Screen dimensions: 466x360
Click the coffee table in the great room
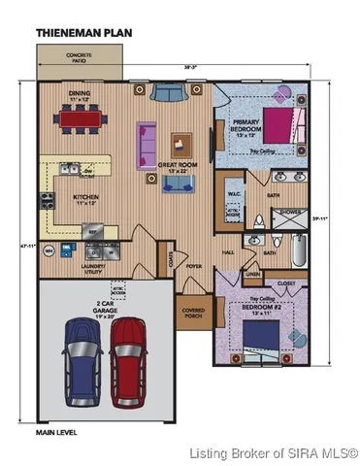(x=182, y=144)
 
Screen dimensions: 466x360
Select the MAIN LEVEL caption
(x=57, y=430)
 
